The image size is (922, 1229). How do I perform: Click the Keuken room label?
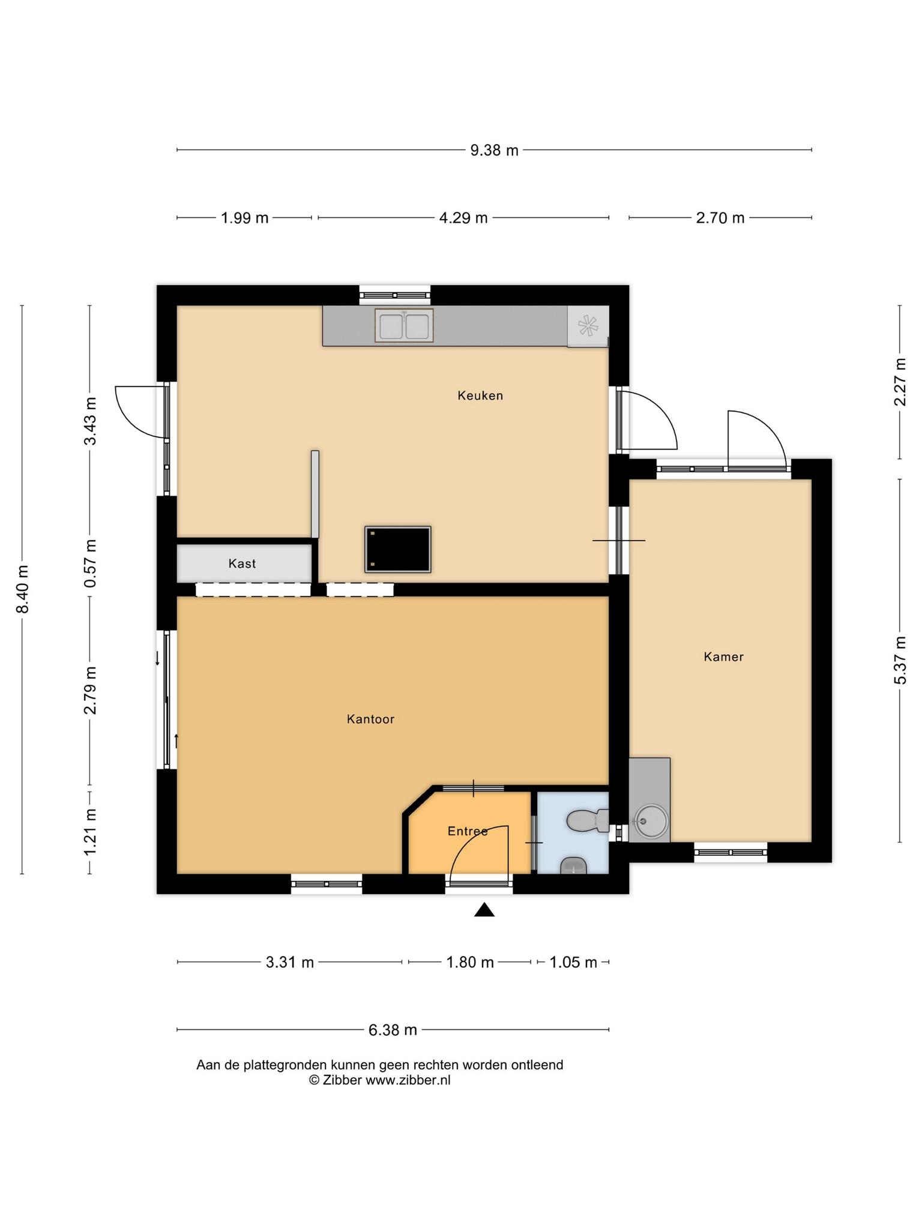click(x=480, y=395)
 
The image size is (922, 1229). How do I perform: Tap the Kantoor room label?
click(x=370, y=719)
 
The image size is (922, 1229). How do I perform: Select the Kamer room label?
click(x=723, y=657)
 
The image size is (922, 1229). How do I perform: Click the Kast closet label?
click(x=242, y=563)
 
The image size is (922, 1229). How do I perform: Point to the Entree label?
click(x=468, y=831)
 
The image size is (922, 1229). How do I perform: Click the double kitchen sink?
click(x=404, y=326)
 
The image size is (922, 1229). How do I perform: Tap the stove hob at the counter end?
click(x=588, y=326)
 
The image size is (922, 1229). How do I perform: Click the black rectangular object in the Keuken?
click(x=398, y=549)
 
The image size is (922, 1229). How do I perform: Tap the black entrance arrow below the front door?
click(x=484, y=910)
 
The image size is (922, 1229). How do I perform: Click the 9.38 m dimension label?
click(x=494, y=150)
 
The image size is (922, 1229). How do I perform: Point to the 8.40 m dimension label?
click(x=23, y=589)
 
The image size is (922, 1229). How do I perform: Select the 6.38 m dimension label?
click(x=393, y=1030)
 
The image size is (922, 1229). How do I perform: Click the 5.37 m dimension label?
click(x=900, y=660)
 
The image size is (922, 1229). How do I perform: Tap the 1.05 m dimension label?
click(x=573, y=963)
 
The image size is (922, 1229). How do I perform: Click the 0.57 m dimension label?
click(x=90, y=563)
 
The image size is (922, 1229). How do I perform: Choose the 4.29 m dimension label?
click(x=463, y=218)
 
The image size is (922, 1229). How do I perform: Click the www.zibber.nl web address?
click(x=408, y=1080)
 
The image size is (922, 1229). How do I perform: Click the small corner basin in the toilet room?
click(x=574, y=865)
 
